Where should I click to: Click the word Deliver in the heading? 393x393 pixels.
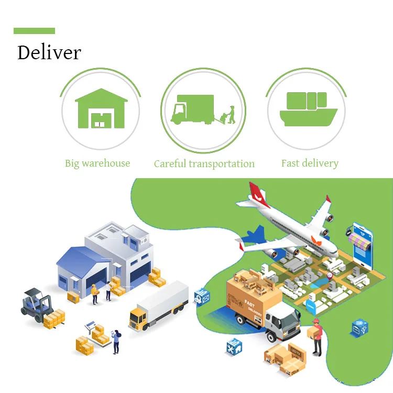point(49,53)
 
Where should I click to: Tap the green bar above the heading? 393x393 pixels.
point(34,31)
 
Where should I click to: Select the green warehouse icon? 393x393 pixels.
point(101,109)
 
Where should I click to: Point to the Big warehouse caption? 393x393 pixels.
point(97,163)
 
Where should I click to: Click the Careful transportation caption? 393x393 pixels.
point(204,164)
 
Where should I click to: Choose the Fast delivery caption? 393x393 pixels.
point(310,163)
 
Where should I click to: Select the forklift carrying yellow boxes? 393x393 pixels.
point(39,307)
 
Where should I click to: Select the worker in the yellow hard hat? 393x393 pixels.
point(94,293)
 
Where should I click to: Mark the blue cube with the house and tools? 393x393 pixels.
point(233,346)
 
